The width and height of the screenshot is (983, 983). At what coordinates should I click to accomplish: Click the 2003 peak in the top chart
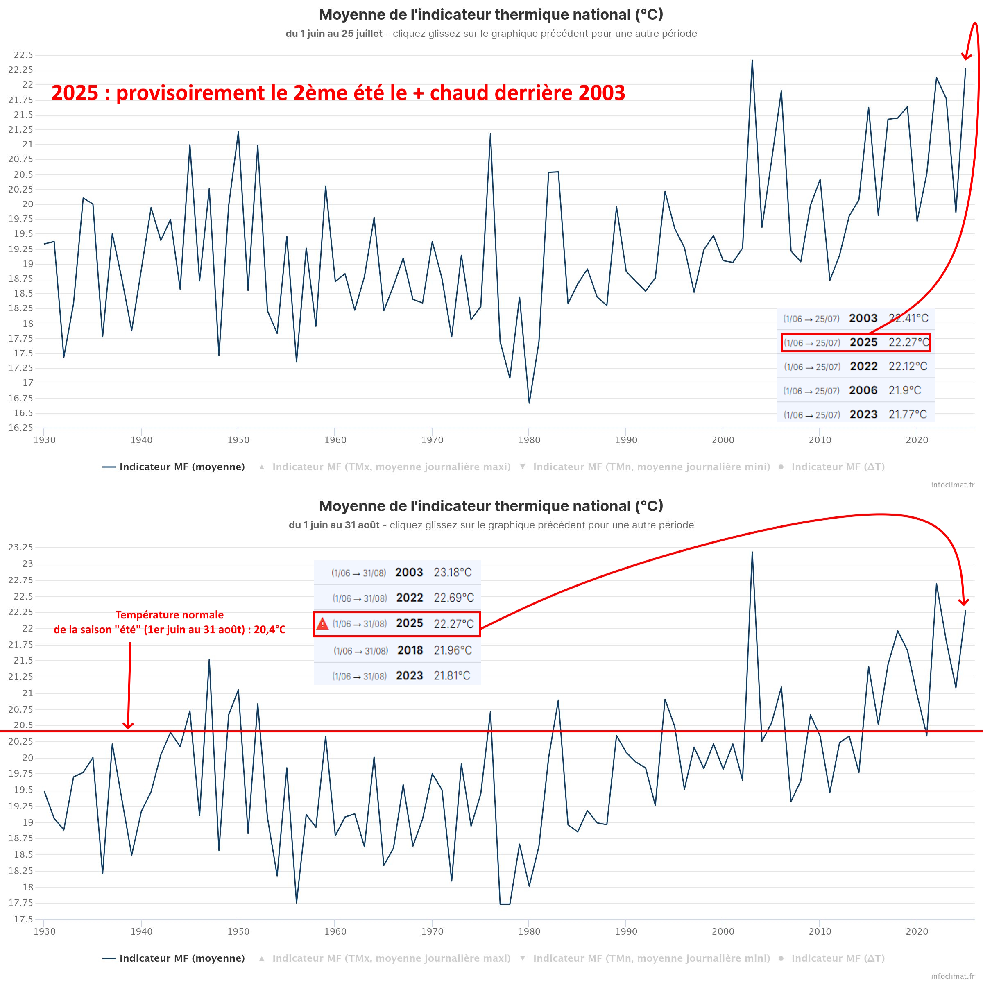click(752, 61)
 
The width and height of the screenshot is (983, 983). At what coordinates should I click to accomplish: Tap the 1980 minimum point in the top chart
click(529, 403)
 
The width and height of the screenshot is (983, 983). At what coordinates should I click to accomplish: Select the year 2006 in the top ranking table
click(863, 390)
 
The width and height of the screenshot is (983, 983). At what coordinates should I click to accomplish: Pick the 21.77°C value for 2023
click(908, 414)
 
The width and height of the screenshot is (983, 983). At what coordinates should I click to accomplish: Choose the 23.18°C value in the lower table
click(452, 573)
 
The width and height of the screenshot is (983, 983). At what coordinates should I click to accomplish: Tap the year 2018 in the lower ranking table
click(410, 650)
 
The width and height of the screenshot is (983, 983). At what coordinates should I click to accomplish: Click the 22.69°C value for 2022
click(453, 598)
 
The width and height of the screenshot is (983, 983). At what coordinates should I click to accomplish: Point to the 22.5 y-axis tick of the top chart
click(23, 55)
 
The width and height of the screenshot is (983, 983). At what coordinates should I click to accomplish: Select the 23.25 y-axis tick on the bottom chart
click(21, 548)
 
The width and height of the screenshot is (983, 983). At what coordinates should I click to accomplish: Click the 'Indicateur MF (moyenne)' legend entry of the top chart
click(174, 467)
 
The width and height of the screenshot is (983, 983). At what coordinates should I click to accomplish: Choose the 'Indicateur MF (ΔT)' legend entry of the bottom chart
click(838, 958)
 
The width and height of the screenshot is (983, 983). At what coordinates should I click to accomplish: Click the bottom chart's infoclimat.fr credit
click(952, 976)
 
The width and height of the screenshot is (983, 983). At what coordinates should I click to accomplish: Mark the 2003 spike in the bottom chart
click(752, 552)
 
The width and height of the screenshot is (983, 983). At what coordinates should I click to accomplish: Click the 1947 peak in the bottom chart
click(209, 659)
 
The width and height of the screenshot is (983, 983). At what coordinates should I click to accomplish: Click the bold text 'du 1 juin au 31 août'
click(334, 525)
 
